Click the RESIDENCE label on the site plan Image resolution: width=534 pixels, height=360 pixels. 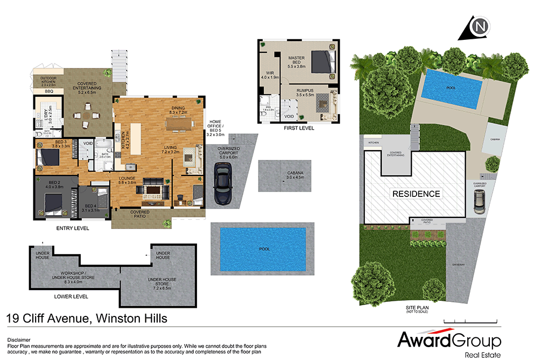point(416,194)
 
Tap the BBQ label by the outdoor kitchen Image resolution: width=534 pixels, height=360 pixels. point(49,91)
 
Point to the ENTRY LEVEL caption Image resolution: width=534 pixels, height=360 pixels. point(73,228)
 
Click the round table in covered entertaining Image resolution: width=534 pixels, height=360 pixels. point(87,114)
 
